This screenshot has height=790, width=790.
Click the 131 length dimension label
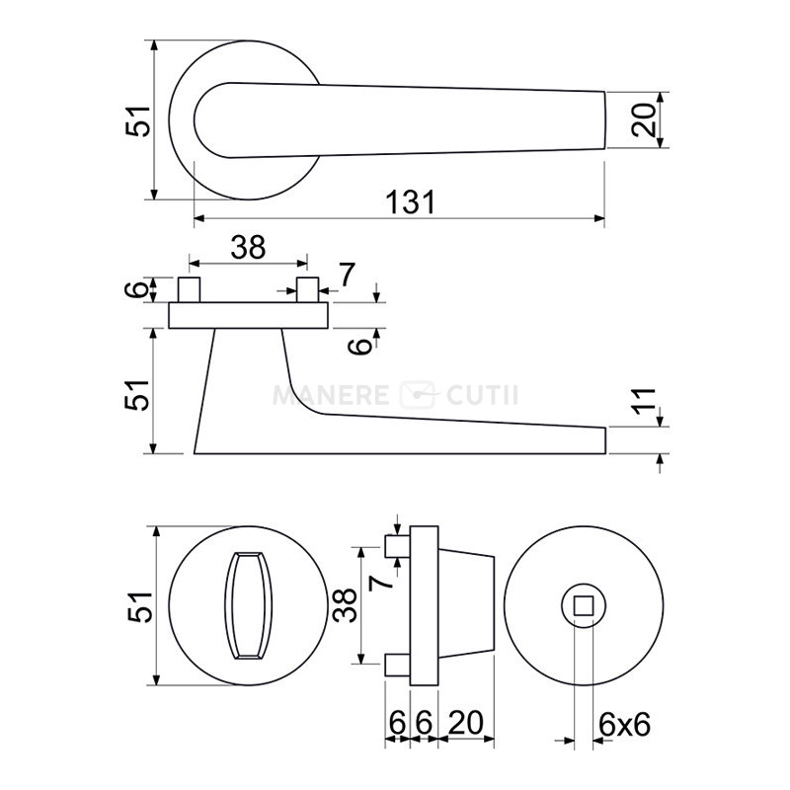pos(410,202)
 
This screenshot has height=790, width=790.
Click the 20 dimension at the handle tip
pos(644,119)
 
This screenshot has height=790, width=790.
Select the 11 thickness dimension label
pos(644,401)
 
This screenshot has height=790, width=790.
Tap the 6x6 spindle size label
pos(625,725)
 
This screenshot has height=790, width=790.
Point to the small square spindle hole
pos(584,605)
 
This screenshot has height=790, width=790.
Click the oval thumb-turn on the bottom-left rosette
pos(248,605)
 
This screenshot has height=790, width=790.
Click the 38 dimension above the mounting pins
pos(248,248)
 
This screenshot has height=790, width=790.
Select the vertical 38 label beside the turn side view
pos(345,605)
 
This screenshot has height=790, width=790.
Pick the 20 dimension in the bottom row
pos(465,723)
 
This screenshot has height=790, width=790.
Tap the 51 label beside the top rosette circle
pos(137,120)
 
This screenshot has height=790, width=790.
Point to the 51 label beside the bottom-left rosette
pos(139,606)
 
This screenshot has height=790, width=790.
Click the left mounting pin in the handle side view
pos(189,289)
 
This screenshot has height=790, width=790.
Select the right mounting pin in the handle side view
pos(307,289)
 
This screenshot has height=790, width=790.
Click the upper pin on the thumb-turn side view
pos(398,547)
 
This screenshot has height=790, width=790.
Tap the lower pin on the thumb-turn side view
pos(398,665)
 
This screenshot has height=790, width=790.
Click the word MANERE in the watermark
pos(331,395)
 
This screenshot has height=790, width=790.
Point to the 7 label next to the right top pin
pos(347,275)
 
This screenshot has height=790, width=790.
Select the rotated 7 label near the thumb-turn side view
pos(380,583)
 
